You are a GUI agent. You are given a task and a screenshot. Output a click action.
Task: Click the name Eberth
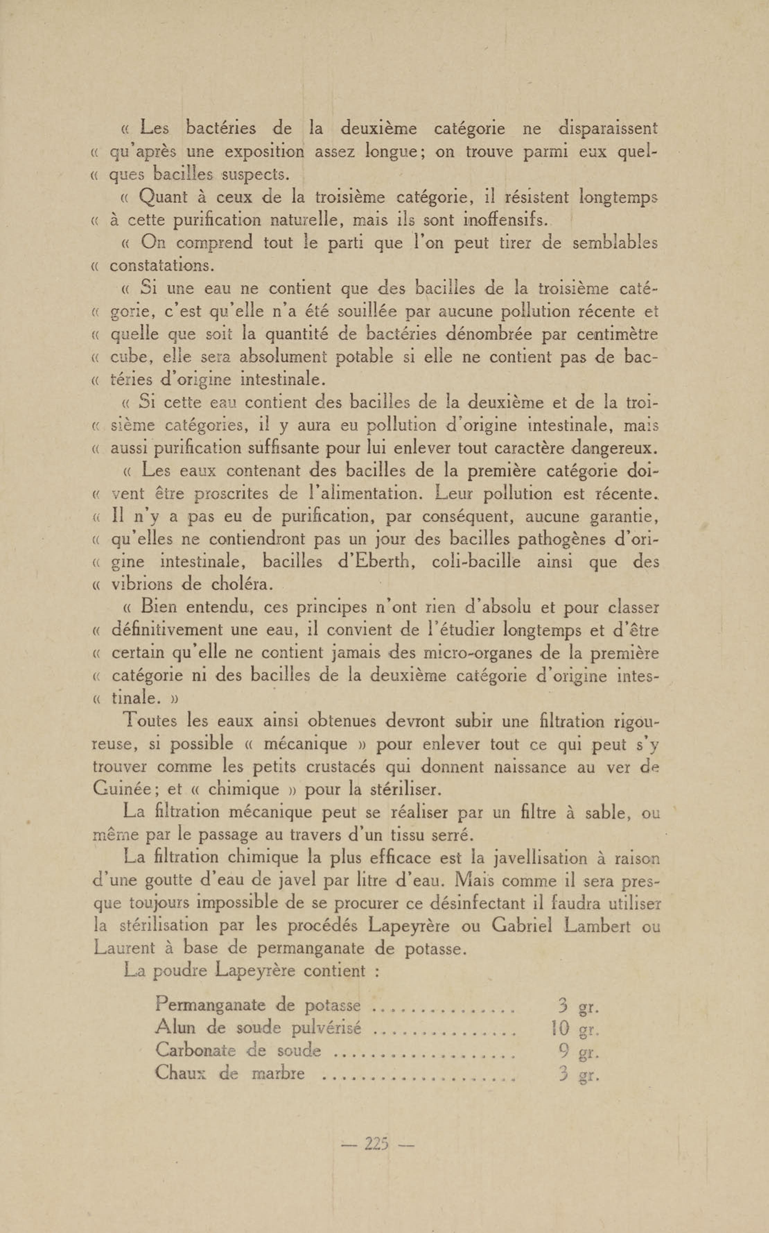click(378, 562)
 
